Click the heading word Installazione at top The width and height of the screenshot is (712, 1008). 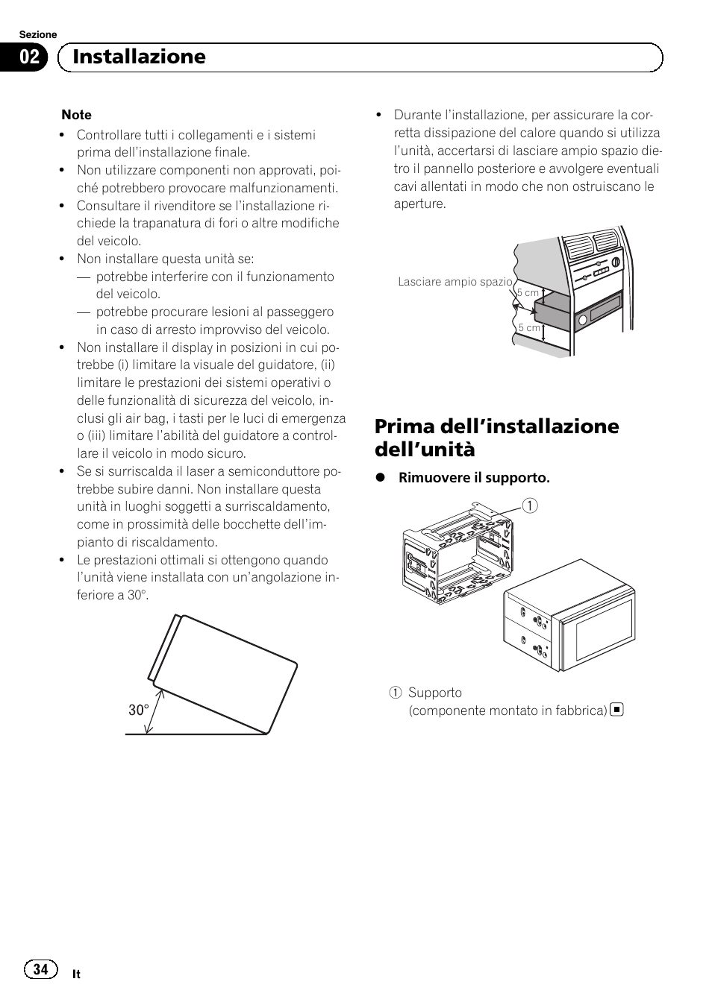pos(139,57)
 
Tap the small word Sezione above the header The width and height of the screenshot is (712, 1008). pos(37,34)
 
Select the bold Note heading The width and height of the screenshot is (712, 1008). pos(76,115)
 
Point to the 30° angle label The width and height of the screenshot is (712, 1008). pos(138,711)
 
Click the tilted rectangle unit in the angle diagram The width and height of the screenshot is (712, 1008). pos(224,671)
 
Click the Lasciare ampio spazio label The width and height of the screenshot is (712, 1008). pos(455,282)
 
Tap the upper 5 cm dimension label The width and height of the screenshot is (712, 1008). pos(528,293)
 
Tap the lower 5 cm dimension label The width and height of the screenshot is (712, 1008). pos(529,328)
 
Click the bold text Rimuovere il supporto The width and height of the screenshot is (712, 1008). pos(473,478)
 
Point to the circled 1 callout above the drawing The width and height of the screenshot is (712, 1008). pos(531,506)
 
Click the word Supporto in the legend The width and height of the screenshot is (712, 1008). pos(434,693)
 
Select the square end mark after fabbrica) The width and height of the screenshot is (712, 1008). pos(616,710)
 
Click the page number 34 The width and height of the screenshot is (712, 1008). pos(40,969)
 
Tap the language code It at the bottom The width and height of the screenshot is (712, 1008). pos(76,974)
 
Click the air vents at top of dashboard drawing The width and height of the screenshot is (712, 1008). pos(593,245)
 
